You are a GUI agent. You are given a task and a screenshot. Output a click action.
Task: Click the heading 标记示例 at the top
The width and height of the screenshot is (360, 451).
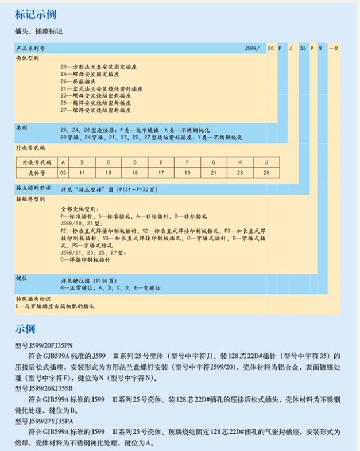34,13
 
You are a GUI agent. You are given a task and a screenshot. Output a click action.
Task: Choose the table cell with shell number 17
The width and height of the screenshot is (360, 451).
161,172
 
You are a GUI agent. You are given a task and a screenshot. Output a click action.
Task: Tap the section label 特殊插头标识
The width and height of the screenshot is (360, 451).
33,299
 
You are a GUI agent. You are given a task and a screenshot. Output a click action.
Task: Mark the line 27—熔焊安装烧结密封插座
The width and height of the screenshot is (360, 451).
95,109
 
